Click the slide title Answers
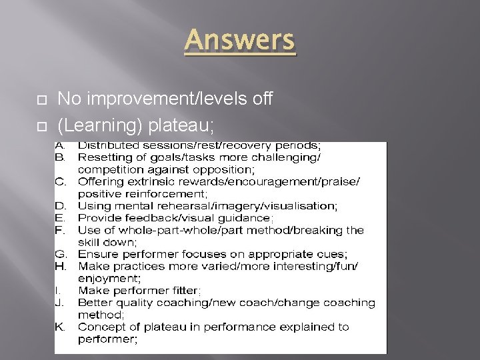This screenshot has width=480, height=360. pyautogui.click(x=239, y=40)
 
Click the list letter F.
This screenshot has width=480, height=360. pyautogui.click(x=60, y=230)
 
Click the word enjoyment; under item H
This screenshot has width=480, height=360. pyautogui.click(x=108, y=278)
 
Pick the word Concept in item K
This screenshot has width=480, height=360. pyautogui.click(x=99, y=327)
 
